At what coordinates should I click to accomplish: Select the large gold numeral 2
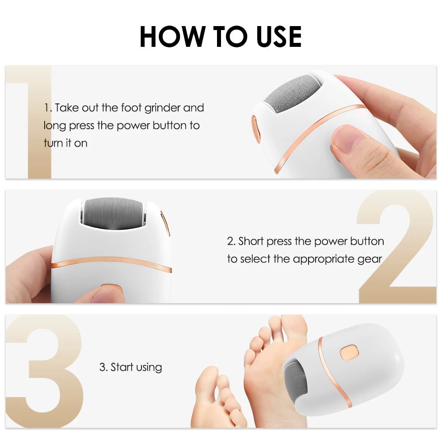(x=396, y=248)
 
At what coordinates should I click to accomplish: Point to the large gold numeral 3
(x=46, y=371)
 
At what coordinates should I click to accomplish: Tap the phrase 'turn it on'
(x=65, y=143)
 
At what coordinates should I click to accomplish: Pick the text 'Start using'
(x=130, y=367)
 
